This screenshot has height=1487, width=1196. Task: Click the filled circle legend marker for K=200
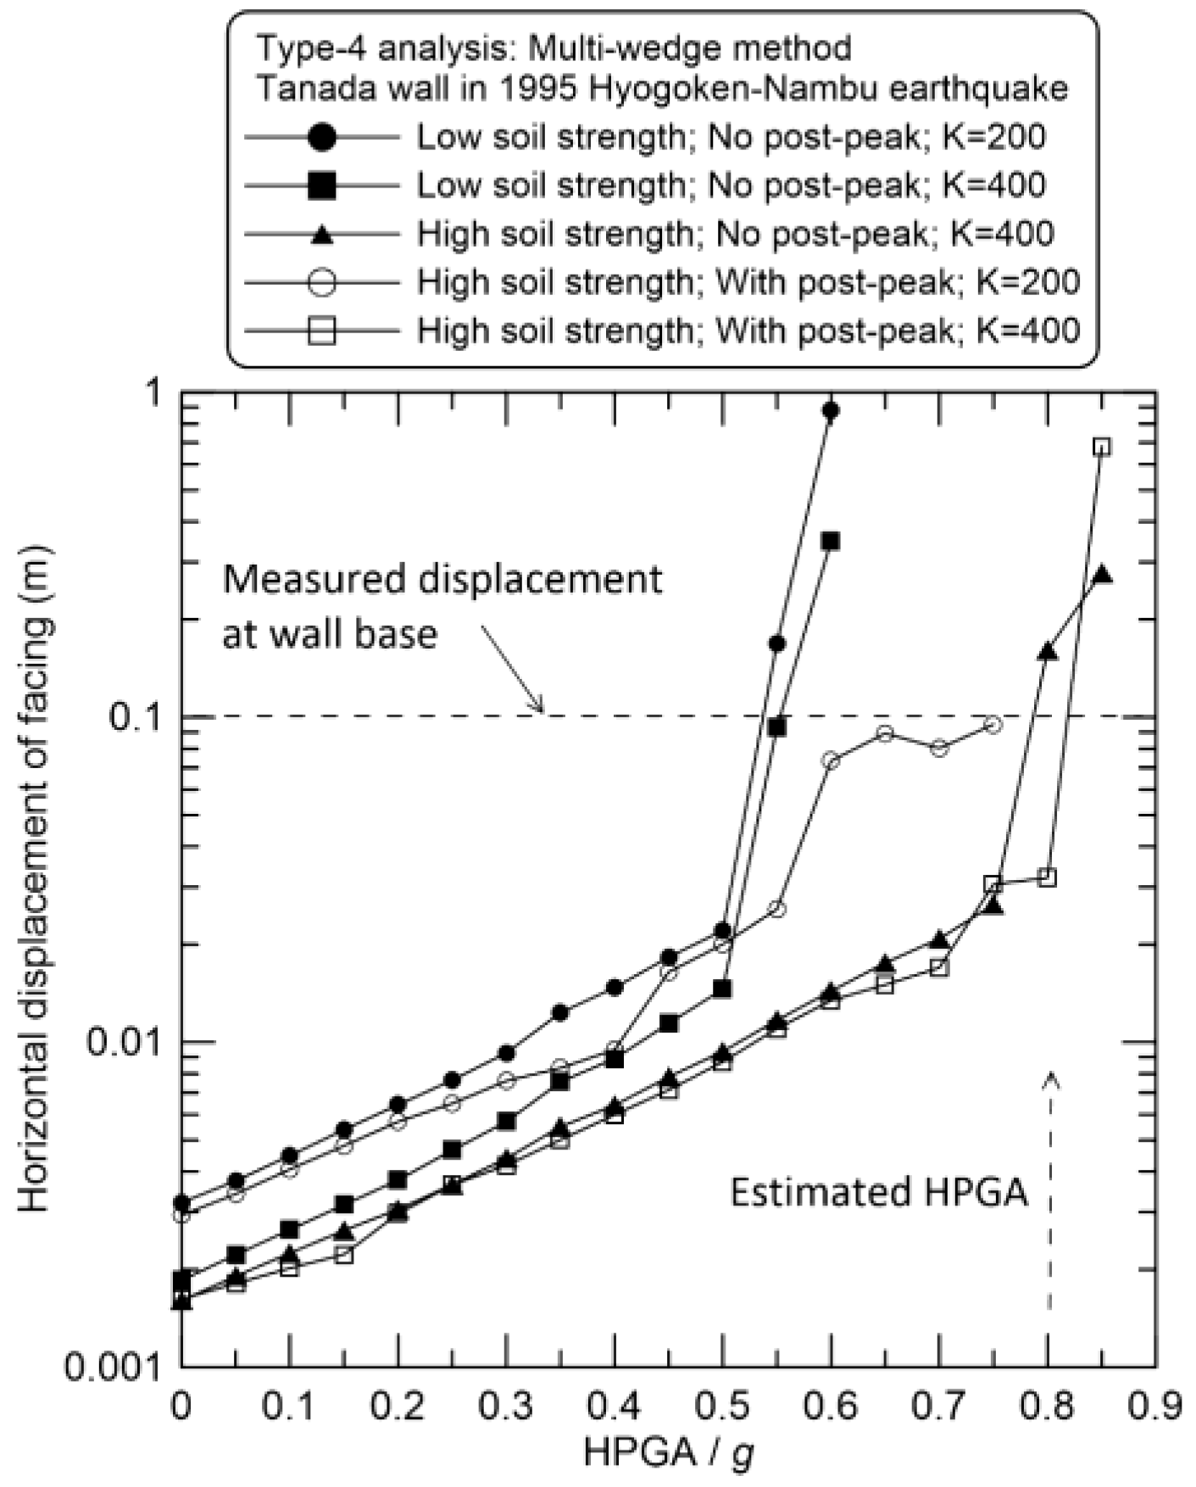click(x=322, y=137)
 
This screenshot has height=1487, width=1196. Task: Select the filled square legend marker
click(x=322, y=185)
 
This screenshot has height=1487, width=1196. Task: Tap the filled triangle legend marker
click(x=322, y=235)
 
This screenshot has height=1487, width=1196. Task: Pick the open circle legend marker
click(x=322, y=281)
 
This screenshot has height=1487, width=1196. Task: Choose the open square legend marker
click(x=322, y=330)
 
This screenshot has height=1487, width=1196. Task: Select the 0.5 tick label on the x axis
click(x=723, y=1408)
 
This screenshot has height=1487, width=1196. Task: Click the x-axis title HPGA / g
click(x=669, y=1455)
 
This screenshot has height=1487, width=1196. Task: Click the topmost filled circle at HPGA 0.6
click(x=831, y=411)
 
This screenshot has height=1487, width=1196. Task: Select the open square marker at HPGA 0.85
click(x=1101, y=447)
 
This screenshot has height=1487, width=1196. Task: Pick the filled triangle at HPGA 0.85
click(x=1102, y=575)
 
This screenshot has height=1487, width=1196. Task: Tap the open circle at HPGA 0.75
click(x=993, y=725)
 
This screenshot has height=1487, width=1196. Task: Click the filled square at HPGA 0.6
click(x=831, y=541)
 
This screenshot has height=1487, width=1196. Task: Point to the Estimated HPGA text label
click(x=879, y=1193)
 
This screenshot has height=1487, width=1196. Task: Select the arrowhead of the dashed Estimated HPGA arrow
click(x=1052, y=1078)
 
